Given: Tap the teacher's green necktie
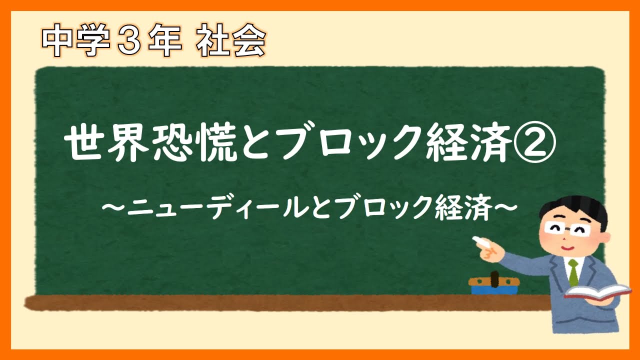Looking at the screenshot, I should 573,273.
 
